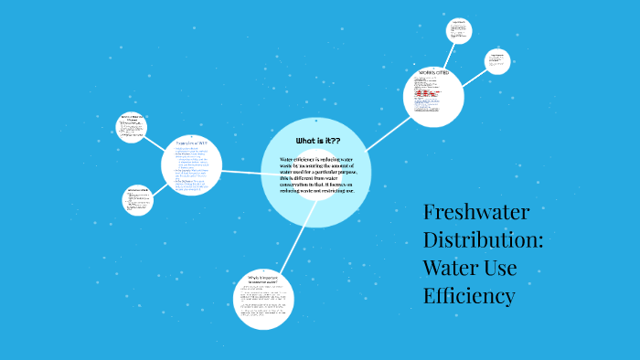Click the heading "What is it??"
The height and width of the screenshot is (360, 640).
[317, 141]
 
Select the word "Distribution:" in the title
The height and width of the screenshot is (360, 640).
[483, 241]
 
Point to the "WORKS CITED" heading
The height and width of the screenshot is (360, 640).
[432, 72]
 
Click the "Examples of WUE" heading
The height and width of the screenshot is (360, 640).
[191, 143]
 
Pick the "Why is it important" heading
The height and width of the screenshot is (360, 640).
[262, 277]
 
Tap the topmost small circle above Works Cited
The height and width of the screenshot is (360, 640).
[458, 30]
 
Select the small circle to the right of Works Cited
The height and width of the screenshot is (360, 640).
[497, 60]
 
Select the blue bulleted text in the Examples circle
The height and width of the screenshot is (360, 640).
[190, 169]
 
